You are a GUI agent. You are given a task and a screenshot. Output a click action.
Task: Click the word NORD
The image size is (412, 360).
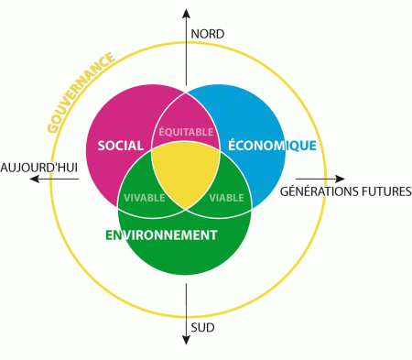208,34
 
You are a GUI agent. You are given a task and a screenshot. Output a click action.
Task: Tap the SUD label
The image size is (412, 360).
202,328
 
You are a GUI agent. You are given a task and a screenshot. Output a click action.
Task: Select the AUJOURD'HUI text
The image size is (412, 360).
39,168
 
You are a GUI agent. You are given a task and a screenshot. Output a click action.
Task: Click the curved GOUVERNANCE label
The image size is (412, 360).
81,93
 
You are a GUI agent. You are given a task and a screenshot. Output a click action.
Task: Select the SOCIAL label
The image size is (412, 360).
121,146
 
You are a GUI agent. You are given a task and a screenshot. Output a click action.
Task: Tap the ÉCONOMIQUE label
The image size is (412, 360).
272,145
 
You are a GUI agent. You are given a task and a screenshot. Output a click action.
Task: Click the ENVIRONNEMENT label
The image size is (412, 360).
161,235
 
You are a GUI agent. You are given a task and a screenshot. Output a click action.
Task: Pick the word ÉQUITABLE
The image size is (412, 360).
186,132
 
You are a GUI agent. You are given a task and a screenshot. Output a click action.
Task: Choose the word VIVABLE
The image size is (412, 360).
145,198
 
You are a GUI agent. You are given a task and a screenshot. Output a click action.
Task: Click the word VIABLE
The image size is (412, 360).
227,198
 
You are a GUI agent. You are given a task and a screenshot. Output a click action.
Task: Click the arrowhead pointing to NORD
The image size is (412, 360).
186,14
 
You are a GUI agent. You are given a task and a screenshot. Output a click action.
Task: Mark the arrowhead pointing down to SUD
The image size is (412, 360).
186,340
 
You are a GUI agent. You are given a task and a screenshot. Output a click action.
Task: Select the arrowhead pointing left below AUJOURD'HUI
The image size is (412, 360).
35,179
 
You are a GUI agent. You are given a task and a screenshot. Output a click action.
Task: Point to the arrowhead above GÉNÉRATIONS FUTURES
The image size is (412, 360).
340,179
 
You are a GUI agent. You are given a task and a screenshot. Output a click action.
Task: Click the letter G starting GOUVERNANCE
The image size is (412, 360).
53,127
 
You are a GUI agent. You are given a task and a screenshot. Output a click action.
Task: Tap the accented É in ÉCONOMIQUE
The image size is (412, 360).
233,144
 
